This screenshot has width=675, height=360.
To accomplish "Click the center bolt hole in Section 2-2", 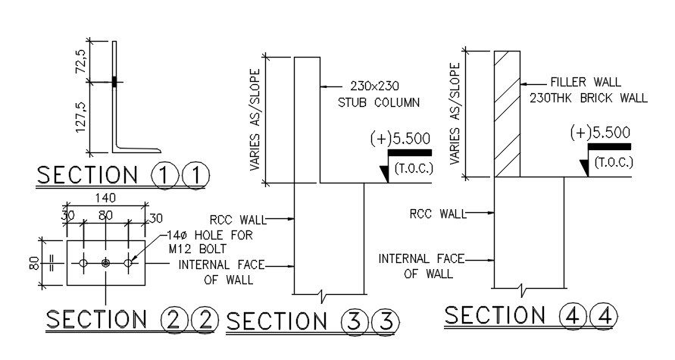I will [105, 263].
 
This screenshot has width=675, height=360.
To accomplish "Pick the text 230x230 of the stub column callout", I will [374, 86].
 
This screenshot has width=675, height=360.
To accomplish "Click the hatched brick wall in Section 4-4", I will [507, 114].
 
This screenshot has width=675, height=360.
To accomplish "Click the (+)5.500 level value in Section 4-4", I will [600, 132].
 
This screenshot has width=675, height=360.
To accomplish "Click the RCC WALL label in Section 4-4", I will [436, 214].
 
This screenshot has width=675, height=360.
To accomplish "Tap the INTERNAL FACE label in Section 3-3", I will [216, 265].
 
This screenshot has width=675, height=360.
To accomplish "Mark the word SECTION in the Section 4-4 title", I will [494, 315].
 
